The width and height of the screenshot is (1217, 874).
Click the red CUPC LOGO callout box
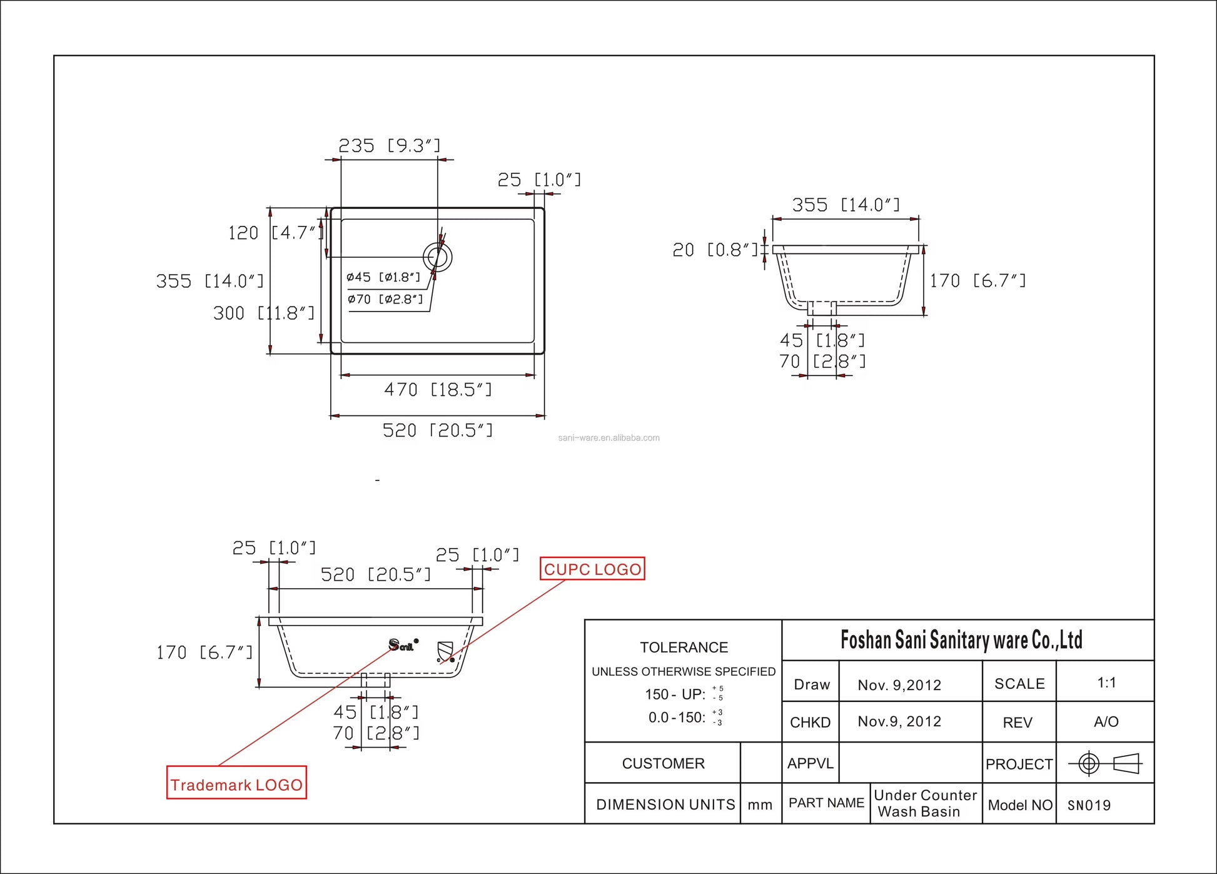(592, 569)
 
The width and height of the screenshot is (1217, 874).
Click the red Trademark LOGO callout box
(236, 783)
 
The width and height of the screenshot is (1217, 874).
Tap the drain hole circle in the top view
(437, 257)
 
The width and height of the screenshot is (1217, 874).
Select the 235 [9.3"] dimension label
(389, 146)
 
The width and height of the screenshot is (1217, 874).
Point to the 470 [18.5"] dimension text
(438, 390)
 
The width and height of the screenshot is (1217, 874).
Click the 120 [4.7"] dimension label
(275, 233)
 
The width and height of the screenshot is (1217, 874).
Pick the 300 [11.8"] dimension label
(263, 313)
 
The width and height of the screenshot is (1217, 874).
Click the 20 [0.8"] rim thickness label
(714, 250)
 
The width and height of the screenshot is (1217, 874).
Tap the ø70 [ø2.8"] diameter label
(385, 299)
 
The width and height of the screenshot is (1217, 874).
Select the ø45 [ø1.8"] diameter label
(383, 277)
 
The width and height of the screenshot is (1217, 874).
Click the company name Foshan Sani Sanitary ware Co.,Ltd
(961, 640)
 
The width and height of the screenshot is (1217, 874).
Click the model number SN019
(1089, 805)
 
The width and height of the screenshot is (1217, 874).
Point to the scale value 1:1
(1106, 683)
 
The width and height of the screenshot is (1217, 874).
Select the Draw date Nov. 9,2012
(899, 685)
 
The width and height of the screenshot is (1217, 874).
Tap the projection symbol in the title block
(1105, 763)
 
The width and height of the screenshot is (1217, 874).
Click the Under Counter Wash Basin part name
(925, 803)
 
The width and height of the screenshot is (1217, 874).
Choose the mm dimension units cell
(760, 805)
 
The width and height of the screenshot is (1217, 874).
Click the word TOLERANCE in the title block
(684, 648)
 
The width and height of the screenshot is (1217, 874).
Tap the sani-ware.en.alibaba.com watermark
(608, 438)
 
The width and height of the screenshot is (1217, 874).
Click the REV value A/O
(1106, 722)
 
